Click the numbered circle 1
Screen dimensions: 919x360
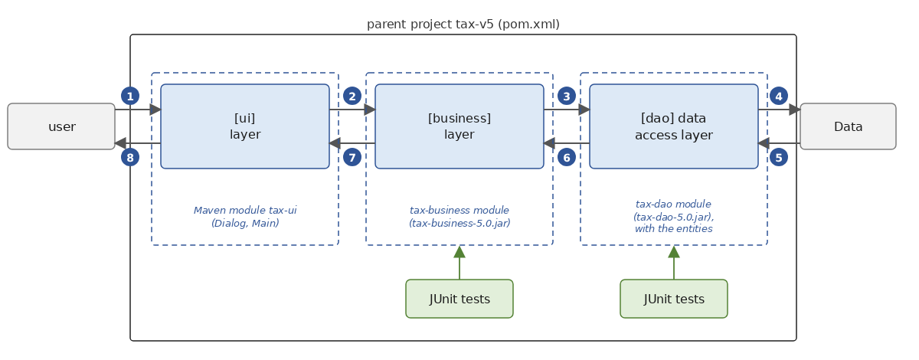coord(130,97)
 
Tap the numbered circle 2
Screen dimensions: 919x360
coord(352,97)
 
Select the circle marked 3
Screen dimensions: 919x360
coord(567,97)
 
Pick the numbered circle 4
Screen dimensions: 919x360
coord(779,97)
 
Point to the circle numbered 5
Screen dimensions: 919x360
coord(779,157)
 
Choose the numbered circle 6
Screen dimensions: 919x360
coord(567,157)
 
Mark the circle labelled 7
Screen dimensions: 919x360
coord(352,157)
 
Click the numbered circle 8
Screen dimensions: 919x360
coord(130,157)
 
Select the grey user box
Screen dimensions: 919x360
coord(61,126)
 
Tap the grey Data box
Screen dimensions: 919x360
coord(848,126)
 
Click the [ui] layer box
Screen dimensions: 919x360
coord(245,126)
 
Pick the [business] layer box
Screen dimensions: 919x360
coord(459,126)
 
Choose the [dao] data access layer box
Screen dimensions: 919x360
coord(674,126)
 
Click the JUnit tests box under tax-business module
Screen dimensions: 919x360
coord(459,299)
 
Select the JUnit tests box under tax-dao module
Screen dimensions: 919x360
coord(674,299)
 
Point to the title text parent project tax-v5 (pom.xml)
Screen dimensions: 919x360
coord(463,25)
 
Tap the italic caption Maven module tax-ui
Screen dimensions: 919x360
coord(245,210)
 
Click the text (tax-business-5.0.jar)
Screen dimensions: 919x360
coord(459,224)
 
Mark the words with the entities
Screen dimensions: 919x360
coord(674,229)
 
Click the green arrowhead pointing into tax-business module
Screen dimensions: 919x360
coord(459,252)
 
